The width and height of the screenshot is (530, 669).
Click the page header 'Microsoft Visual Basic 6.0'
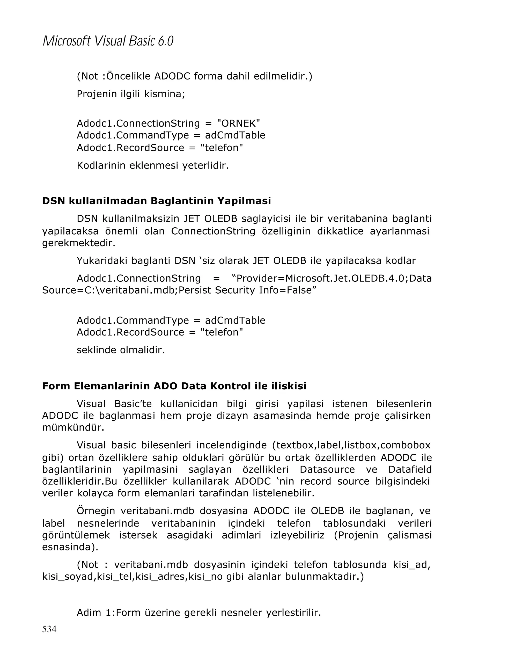[x=108, y=41]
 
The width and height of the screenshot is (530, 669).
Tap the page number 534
[x=49, y=629]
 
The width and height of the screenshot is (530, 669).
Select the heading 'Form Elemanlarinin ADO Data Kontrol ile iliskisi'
[x=174, y=386]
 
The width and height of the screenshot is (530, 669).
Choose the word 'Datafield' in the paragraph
[x=410, y=469]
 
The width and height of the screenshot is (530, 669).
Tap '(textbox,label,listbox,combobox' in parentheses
[x=351, y=445]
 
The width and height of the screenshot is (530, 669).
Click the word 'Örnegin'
[x=96, y=511]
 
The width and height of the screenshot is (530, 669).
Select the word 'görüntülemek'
[x=76, y=535]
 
